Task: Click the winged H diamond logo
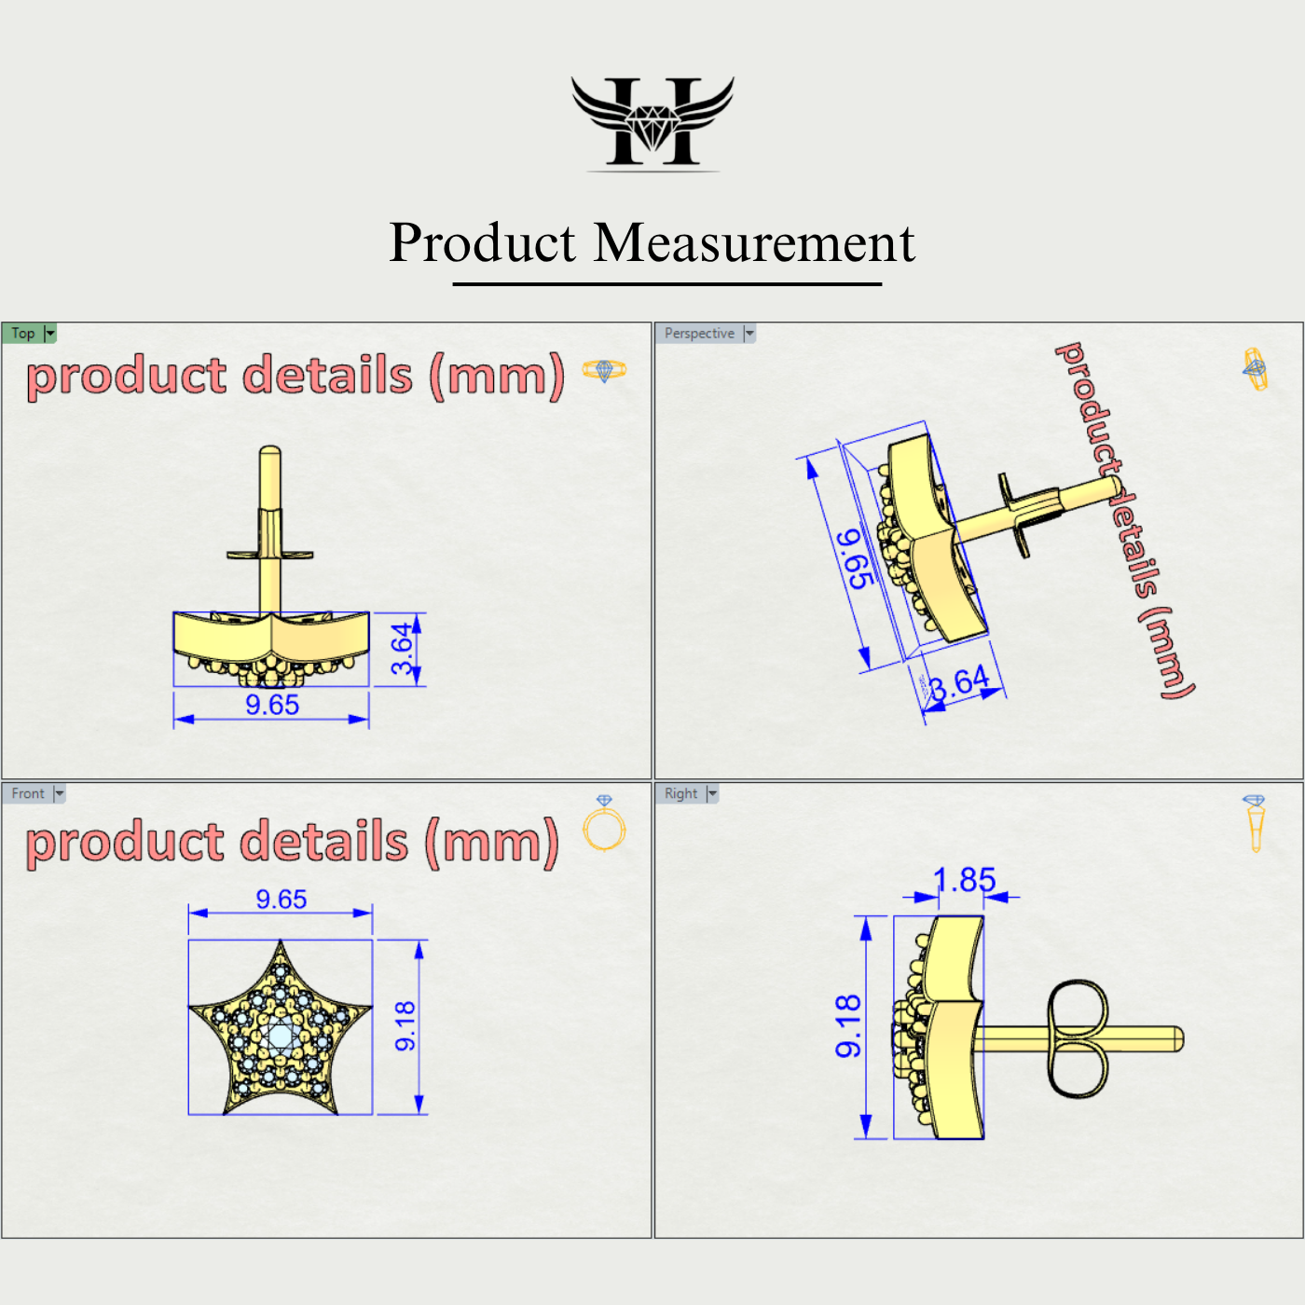(652, 122)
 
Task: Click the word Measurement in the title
(754, 243)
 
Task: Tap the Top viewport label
(23, 334)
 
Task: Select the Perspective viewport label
(699, 334)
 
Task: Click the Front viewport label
(28, 794)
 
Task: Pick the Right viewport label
(680, 794)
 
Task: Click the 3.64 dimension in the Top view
(402, 649)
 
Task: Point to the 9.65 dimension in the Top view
(272, 706)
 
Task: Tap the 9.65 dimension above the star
(282, 900)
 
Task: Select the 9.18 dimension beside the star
(405, 1025)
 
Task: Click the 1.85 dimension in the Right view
(965, 879)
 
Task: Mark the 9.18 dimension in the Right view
(848, 1025)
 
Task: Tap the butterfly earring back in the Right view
(1078, 1037)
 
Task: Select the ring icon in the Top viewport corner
(604, 371)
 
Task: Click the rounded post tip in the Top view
(269, 454)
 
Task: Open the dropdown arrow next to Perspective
(749, 334)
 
